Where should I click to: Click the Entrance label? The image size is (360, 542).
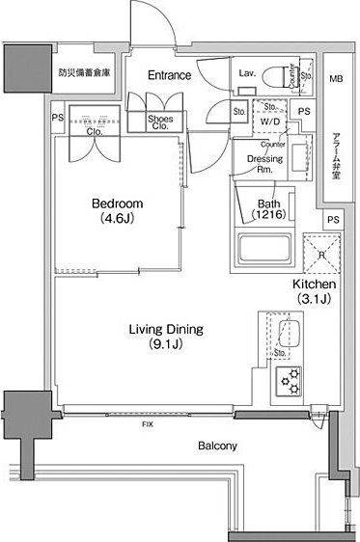click(x=169, y=75)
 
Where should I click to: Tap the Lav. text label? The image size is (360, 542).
click(x=245, y=71)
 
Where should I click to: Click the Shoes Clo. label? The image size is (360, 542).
click(x=160, y=122)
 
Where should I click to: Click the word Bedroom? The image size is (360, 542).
click(x=117, y=204)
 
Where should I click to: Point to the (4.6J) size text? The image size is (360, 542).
click(x=117, y=219)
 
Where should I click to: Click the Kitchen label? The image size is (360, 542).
click(x=314, y=286)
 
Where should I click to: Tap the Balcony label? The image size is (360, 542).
click(x=218, y=447)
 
